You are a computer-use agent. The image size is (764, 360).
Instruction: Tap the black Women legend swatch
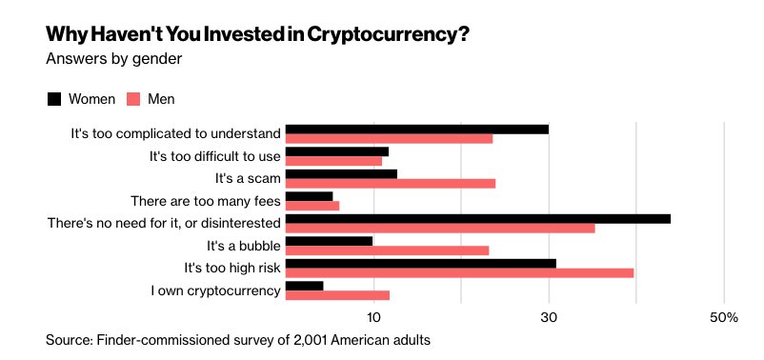pos(54,98)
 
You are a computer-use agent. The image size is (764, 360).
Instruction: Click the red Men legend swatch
pos(134,98)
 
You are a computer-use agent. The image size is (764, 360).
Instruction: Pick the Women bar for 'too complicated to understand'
pos(417,129)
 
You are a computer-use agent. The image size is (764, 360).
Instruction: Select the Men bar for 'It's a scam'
pos(391,183)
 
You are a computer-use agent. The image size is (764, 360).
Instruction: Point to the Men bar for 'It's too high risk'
pos(460,272)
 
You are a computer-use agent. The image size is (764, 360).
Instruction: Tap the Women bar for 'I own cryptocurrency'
pos(305,286)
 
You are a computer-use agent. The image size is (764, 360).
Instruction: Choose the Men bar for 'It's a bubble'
pos(388,250)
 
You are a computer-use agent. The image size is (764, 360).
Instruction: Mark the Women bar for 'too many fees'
pos(310,196)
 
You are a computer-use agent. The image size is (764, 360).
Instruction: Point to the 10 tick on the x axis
pos(373,317)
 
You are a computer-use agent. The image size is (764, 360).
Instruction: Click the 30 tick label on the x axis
pos(549,317)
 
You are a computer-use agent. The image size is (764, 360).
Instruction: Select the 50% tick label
pos(725,317)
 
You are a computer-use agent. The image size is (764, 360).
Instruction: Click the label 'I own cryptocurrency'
pos(215,290)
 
